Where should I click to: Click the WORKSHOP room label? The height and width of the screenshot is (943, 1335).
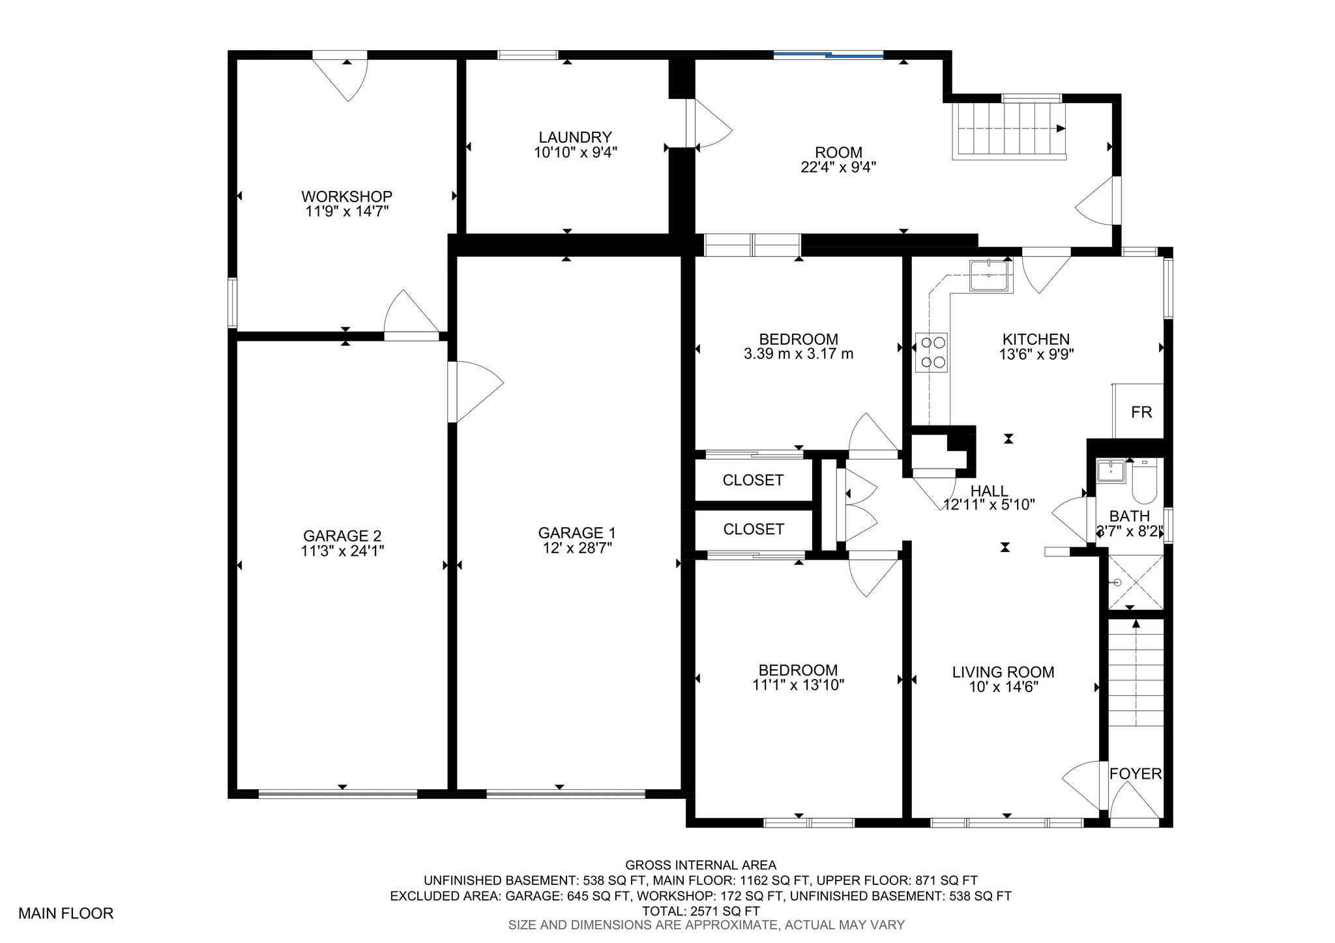[x=346, y=196]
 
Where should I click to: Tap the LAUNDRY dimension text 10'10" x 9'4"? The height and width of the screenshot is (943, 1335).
[x=575, y=152]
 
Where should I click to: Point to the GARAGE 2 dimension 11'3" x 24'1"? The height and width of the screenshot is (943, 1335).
[x=342, y=551]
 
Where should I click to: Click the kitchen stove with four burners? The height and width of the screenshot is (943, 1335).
[x=932, y=353]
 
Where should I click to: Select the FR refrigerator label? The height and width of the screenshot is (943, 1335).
[x=1141, y=413]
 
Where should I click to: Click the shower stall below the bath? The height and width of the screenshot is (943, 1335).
[x=1136, y=582]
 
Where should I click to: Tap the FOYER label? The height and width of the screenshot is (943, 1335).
[x=1136, y=774]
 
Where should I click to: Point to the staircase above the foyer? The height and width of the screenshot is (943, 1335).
[x=1136, y=673]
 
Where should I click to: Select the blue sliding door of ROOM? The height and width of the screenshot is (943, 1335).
[x=828, y=55]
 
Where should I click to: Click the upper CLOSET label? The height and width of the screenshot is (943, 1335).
[x=753, y=480]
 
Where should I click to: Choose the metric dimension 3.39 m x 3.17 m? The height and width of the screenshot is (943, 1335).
[x=799, y=354]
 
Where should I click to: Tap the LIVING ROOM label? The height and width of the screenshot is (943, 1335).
[x=1003, y=672]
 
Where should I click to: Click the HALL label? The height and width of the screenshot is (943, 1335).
[x=990, y=491]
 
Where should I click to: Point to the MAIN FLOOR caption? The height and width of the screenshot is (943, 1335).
[x=66, y=914]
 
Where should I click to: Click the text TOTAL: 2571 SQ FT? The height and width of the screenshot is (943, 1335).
[x=701, y=911]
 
